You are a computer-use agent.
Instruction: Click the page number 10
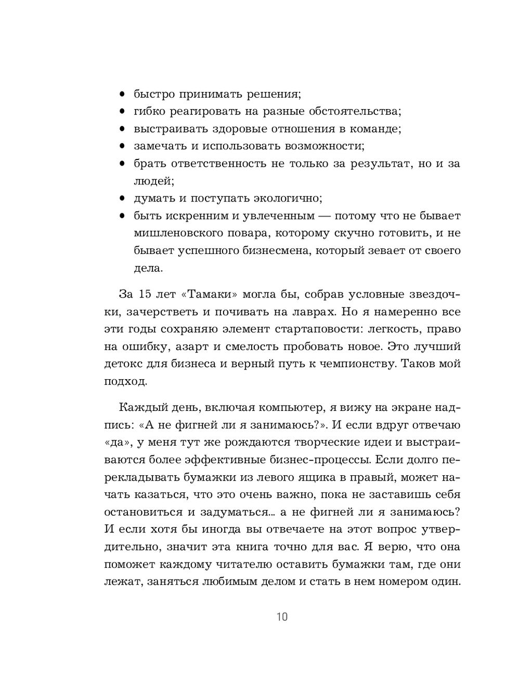click(281, 617)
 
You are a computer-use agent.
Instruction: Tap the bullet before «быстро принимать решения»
click(122, 95)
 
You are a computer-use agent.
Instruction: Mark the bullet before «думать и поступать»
click(122, 198)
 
